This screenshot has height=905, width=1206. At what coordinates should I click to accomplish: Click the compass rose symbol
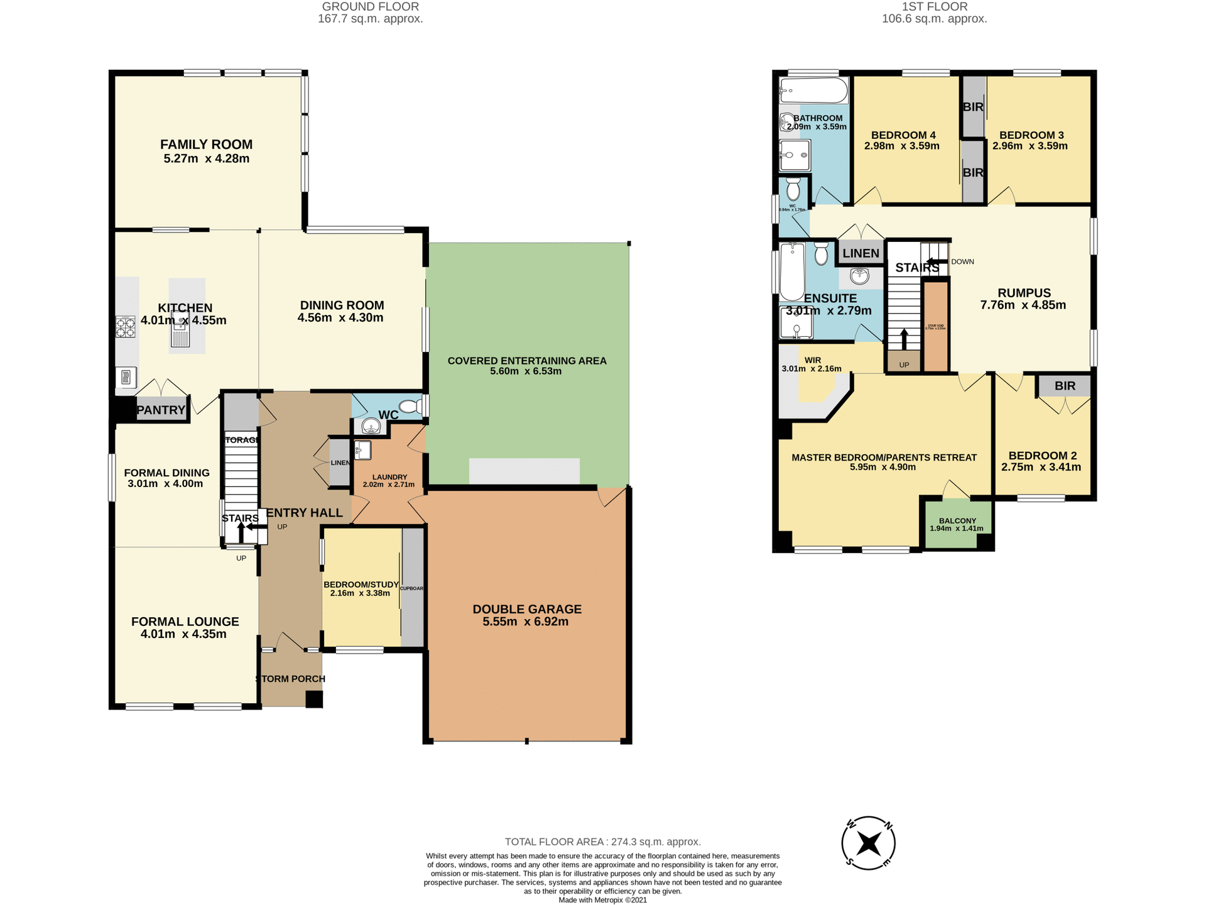868,843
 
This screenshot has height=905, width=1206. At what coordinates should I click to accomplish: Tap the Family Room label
206,145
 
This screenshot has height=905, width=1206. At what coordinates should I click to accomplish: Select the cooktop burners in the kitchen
126,327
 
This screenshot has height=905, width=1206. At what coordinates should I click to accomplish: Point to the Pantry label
161,410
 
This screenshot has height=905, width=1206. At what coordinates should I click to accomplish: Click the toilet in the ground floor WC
411,405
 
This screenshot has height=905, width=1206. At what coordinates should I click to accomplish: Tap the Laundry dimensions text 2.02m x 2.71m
389,485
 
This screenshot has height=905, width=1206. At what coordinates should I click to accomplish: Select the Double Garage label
527,609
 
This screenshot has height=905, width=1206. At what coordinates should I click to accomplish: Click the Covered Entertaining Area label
527,361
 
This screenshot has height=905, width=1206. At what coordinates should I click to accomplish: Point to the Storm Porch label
291,679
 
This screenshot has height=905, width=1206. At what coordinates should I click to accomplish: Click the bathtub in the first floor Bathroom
813,91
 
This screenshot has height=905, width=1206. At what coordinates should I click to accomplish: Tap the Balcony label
957,520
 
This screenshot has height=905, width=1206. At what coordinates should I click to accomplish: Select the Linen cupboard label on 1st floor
861,253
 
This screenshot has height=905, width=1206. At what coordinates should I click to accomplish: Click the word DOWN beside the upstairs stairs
962,261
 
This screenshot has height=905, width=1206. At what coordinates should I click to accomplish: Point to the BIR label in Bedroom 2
1065,386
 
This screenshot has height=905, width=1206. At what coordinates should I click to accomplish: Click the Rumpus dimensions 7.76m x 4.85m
1023,305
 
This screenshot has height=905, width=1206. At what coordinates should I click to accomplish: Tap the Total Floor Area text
602,842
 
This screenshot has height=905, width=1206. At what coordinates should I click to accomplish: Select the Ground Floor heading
370,7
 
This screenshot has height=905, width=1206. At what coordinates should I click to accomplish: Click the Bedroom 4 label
903,135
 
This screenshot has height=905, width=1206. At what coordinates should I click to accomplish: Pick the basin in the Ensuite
859,275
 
